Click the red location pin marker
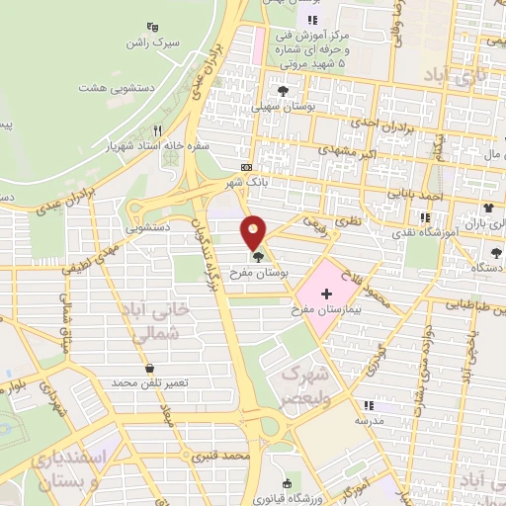point(255,232)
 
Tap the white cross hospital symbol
point(326,295)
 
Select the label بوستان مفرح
point(257,271)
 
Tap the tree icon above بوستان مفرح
point(258,257)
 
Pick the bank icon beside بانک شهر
point(246,168)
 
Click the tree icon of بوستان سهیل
point(284,90)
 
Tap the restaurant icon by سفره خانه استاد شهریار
point(157,130)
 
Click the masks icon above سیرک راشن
point(151,27)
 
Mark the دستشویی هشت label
point(107,88)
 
